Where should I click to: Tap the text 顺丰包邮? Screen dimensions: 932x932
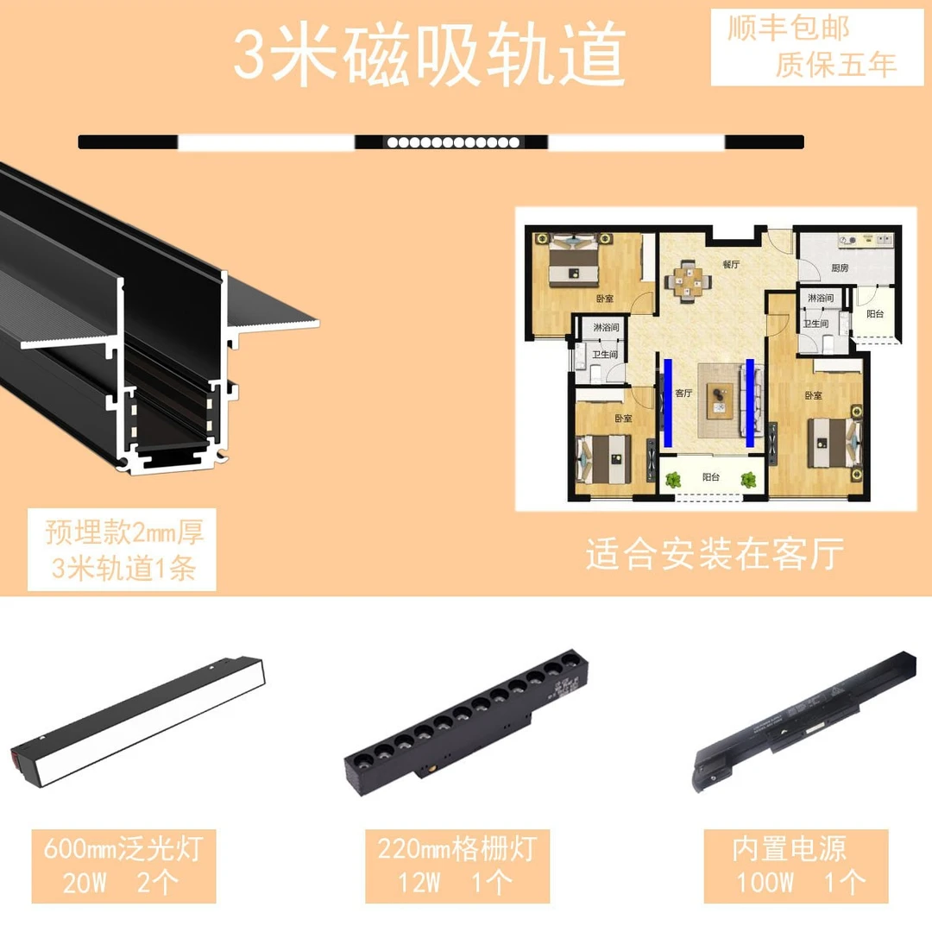[x=788, y=28]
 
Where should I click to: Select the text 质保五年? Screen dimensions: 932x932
[x=835, y=64]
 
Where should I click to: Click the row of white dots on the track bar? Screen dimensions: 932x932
[x=452, y=142]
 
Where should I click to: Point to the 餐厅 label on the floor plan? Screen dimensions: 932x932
[x=731, y=264]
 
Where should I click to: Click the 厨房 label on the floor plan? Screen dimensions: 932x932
[x=840, y=268]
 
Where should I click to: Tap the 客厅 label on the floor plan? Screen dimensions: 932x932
[x=683, y=393]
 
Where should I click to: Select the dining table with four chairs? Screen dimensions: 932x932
[x=687, y=280]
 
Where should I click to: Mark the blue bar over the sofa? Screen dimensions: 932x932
[x=750, y=402]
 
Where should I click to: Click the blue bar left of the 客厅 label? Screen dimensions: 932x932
[x=668, y=402]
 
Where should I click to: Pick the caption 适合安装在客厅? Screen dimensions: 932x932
[x=714, y=554]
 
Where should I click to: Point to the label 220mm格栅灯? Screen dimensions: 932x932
[x=457, y=848]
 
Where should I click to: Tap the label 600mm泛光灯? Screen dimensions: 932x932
[x=123, y=848]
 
